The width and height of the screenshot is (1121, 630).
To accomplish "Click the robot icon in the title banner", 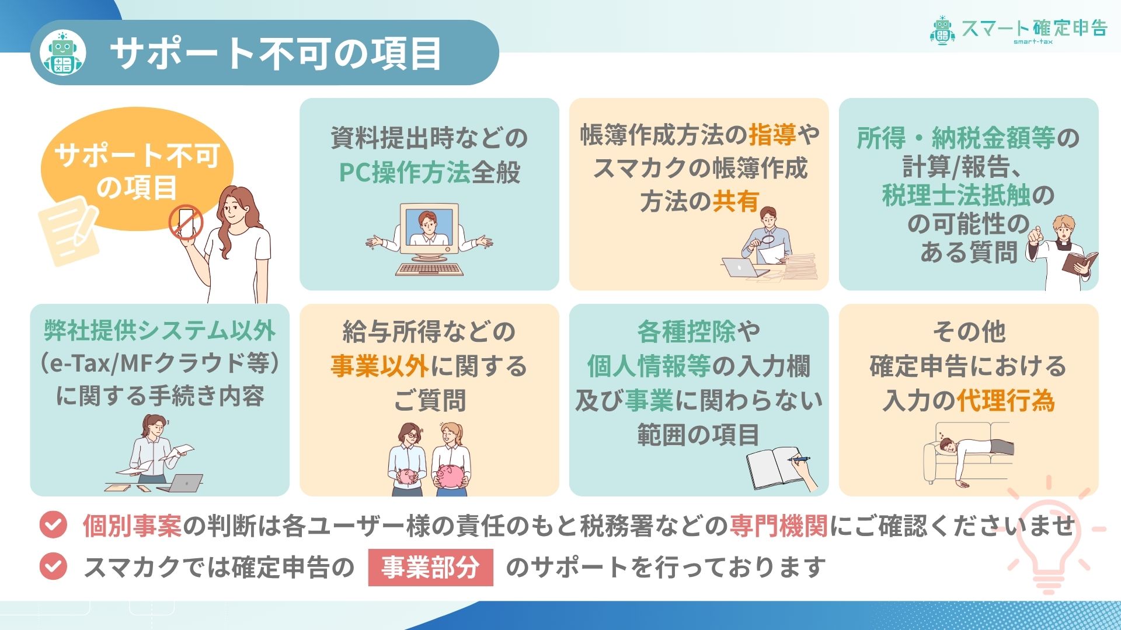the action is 63,53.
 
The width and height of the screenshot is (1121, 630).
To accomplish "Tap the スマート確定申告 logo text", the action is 1034,28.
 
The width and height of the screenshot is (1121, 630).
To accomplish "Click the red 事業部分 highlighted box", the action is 430,567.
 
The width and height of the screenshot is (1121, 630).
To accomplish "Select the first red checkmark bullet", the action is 53,524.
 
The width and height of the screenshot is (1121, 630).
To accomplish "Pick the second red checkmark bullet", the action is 53,566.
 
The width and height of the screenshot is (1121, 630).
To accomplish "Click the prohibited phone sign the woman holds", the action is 186,223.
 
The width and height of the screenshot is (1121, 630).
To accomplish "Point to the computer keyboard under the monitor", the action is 429,269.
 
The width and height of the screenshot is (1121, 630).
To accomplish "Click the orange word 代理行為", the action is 1005,400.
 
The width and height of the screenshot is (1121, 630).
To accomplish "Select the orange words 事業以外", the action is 380,366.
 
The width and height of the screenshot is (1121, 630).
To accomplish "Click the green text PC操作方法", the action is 404,172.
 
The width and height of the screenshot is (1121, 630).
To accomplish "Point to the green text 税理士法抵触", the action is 956,195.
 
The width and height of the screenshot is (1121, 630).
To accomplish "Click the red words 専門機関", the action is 778,526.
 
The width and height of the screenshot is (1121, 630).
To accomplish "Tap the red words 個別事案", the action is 132,526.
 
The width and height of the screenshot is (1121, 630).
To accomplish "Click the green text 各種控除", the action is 687,331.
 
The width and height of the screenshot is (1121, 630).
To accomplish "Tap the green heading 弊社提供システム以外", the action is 159,331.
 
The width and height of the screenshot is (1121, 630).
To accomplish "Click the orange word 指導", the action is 772,135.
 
